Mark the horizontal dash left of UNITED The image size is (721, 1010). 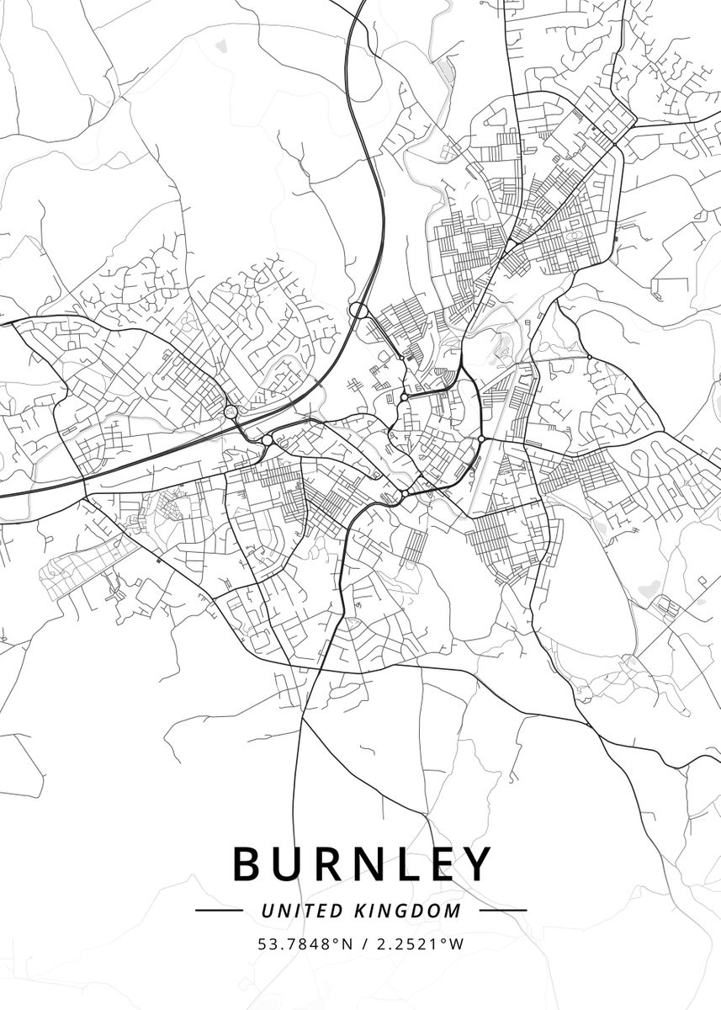pyautogui.click(x=219, y=911)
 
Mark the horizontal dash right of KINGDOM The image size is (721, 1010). pyautogui.click(x=502, y=911)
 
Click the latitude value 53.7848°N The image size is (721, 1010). pyautogui.click(x=305, y=944)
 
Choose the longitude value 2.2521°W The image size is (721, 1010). pyautogui.click(x=419, y=944)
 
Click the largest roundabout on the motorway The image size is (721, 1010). pyautogui.click(x=358, y=311)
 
